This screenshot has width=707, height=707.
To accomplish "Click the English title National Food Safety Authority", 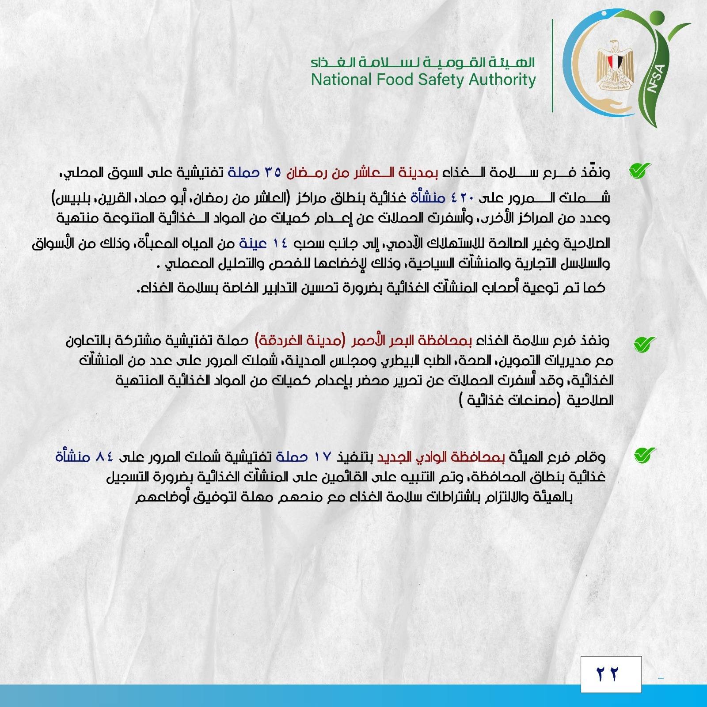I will (x=423, y=80).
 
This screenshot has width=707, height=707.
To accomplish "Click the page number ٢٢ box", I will (x=611, y=674).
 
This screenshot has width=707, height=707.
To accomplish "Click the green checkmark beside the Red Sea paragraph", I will (x=645, y=343).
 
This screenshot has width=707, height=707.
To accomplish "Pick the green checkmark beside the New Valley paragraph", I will (x=645, y=455).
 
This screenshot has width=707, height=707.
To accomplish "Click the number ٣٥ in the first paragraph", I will (x=272, y=172).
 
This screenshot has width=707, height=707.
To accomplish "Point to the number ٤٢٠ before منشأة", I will (x=461, y=198).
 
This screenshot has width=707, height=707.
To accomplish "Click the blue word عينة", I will (x=253, y=243).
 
